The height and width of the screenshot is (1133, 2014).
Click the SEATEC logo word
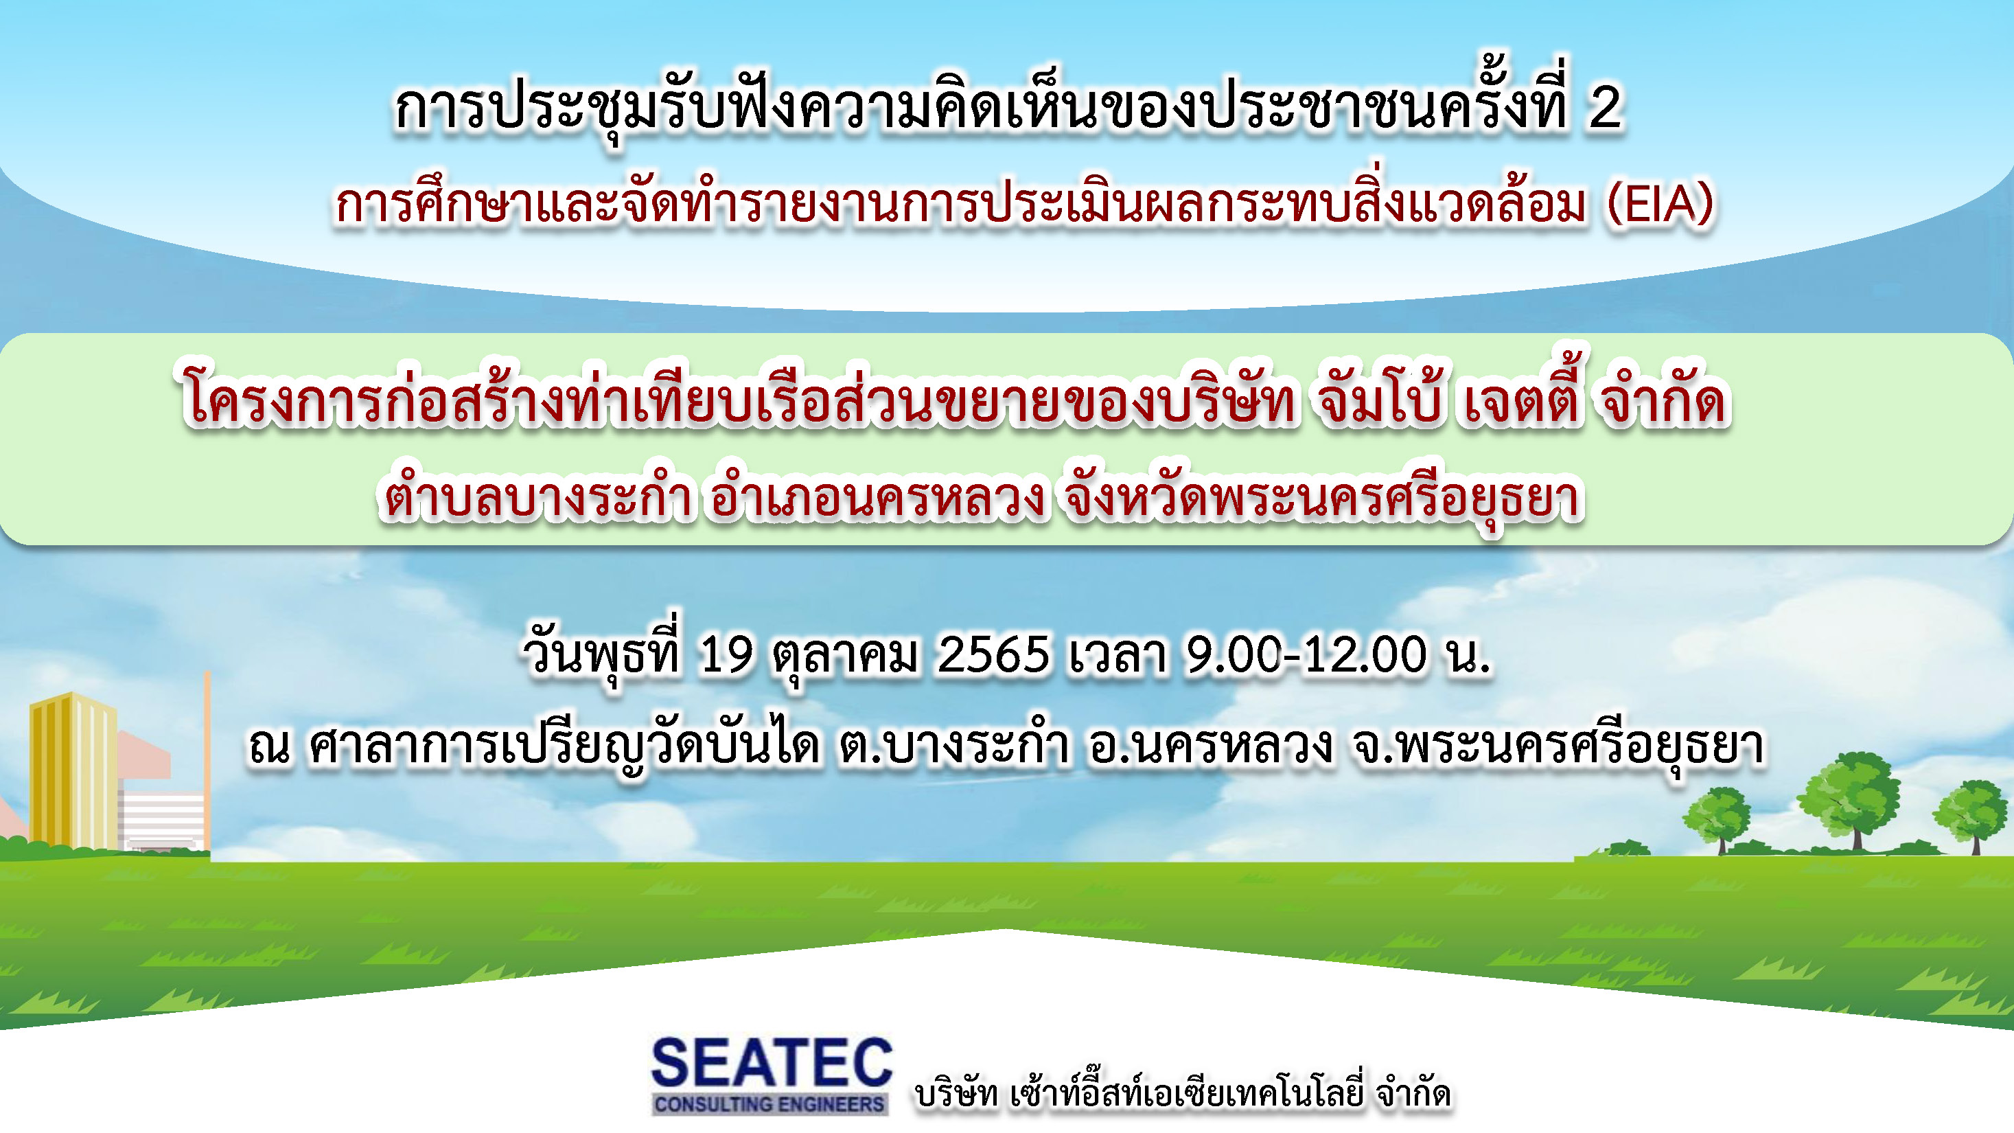771,1063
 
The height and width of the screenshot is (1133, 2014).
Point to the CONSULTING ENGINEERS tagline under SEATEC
769,1103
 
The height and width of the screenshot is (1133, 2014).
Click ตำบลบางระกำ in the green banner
535,497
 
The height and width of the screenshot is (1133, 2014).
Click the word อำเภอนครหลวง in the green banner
876,497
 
